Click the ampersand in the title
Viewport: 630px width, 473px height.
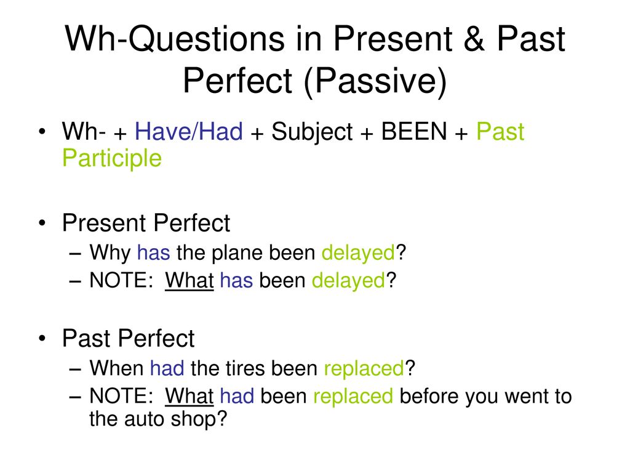[474, 39]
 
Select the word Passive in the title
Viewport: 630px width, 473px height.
[375, 81]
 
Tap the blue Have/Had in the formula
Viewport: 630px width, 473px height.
[189, 132]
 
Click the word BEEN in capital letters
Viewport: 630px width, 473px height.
[414, 132]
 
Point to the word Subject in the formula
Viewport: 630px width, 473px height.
[312, 132]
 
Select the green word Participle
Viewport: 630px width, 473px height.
[112, 158]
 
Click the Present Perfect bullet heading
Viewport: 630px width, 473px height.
[146, 223]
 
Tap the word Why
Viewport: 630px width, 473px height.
[110, 253]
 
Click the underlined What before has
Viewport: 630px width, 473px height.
[189, 280]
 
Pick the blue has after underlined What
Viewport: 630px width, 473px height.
[236, 280]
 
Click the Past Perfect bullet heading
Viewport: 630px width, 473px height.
[129, 338]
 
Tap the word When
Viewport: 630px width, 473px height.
[116, 368]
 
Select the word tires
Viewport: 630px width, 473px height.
[245, 368]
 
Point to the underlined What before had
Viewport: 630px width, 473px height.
[189, 396]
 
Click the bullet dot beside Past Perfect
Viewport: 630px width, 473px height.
[42, 339]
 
